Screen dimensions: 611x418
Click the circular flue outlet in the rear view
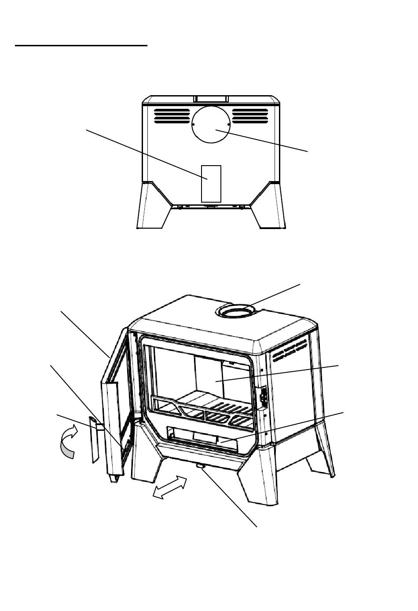(x=211, y=124)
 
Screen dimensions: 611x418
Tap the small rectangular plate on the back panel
(x=211, y=183)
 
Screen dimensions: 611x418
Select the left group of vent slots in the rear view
(x=172, y=116)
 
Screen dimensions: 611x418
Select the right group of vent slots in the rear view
(x=250, y=116)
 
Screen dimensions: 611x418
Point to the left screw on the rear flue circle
(x=194, y=125)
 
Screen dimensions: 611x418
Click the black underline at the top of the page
(x=81, y=45)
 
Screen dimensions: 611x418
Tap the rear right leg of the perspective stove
(x=324, y=458)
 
